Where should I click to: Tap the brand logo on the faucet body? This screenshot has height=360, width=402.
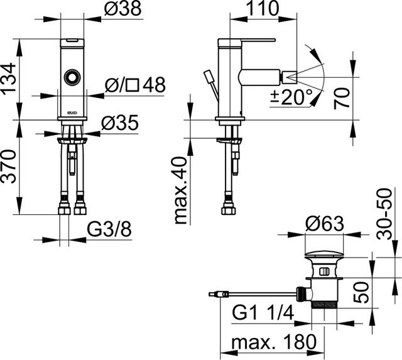(x=71, y=112)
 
